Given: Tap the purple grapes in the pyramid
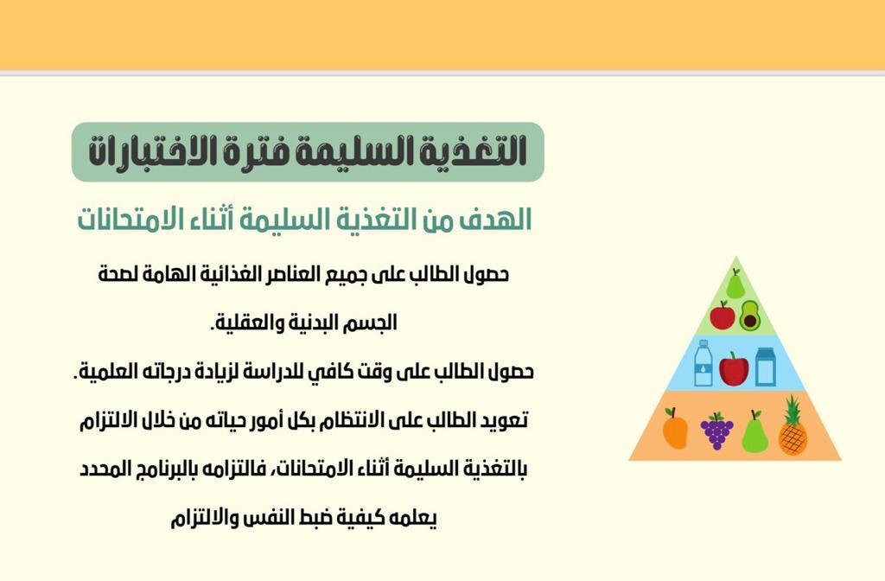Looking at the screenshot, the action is pyautogui.click(x=716, y=431).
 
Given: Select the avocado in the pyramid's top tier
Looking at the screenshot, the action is pyautogui.click(x=750, y=316).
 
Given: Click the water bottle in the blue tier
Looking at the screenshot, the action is pyautogui.click(x=704, y=363).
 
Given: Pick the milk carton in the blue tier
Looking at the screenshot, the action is pyautogui.click(x=766, y=367).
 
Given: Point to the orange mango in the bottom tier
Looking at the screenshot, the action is pyautogui.click(x=674, y=429).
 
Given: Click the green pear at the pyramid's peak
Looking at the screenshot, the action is pyautogui.click(x=735, y=284).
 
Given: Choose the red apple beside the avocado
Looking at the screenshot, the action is pyautogui.click(x=723, y=315).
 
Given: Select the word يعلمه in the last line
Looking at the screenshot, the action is pyautogui.click(x=414, y=519).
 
